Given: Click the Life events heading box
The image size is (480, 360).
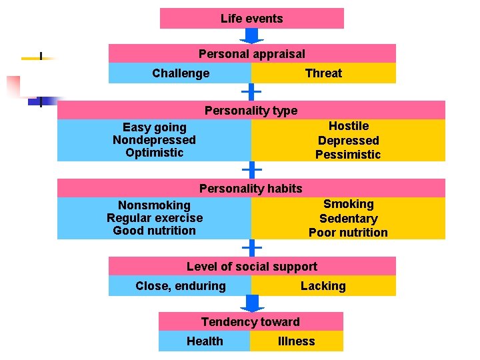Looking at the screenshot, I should [x=252, y=19].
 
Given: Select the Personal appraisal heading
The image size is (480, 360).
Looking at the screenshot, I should [x=252, y=54].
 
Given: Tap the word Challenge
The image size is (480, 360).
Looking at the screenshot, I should [x=181, y=73].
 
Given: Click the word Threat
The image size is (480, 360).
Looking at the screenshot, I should [x=323, y=73].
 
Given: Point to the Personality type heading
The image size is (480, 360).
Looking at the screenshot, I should [x=251, y=111].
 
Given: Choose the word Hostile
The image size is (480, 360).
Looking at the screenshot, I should [x=349, y=126].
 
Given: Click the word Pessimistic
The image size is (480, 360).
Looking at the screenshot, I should [x=348, y=155].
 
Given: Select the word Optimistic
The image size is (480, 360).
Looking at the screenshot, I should [x=154, y=153].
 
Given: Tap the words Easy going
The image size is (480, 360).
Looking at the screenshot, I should [x=155, y=127].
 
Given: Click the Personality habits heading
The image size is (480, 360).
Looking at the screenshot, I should [x=251, y=189].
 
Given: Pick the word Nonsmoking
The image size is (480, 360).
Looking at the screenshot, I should [x=154, y=205].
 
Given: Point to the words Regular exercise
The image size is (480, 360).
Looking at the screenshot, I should [x=155, y=218].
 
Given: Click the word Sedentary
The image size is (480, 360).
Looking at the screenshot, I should [x=348, y=219].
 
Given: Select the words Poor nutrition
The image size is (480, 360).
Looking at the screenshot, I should [x=348, y=233].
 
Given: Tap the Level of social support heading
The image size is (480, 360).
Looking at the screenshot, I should [x=252, y=267].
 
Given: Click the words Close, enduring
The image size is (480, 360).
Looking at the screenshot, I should [x=181, y=286].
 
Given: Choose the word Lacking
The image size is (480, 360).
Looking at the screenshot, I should [x=323, y=286].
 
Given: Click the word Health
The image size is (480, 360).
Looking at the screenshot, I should [x=205, y=341].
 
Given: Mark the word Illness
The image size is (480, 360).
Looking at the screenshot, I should [x=296, y=341].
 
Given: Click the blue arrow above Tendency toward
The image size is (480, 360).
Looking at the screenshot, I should [x=252, y=303].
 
